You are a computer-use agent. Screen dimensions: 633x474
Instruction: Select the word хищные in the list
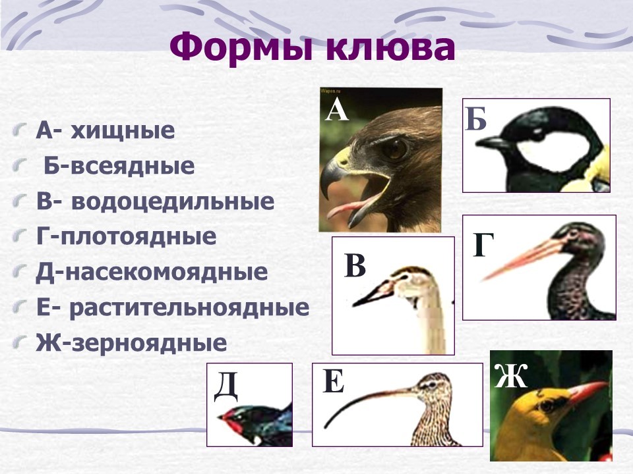(x=123, y=130)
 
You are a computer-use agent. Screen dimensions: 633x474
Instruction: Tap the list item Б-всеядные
(x=119, y=166)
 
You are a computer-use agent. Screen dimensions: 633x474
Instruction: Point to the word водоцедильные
(x=173, y=201)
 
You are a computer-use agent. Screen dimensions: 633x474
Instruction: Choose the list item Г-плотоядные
(x=127, y=236)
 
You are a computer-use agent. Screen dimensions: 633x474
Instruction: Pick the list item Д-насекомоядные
(x=152, y=272)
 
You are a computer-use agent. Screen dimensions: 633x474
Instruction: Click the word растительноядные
(x=189, y=308)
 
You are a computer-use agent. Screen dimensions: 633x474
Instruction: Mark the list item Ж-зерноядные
(x=131, y=343)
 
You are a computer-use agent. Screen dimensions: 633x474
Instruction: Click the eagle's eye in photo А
(x=395, y=148)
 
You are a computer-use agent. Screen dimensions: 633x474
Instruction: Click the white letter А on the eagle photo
(x=337, y=110)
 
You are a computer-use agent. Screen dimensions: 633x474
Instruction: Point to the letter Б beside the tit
(x=475, y=119)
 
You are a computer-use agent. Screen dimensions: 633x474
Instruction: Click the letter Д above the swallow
(x=226, y=386)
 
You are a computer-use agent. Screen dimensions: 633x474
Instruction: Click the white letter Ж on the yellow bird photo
(x=510, y=376)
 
